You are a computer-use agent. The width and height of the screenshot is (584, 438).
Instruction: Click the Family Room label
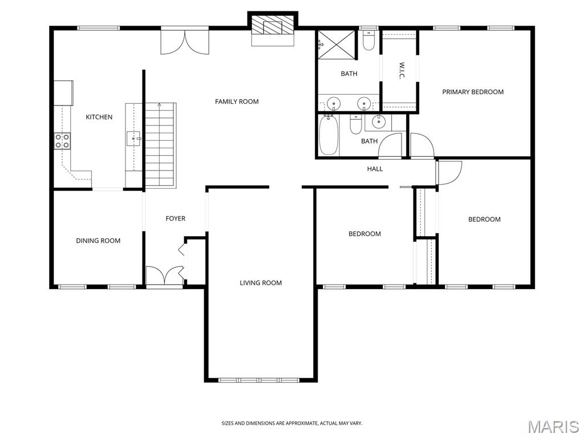237,102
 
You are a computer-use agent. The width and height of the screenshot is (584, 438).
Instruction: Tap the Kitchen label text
99,117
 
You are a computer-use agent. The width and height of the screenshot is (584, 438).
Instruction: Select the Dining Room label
98,241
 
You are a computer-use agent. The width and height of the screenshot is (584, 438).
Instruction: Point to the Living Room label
261,283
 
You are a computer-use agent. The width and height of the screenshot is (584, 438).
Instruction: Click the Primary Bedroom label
473,92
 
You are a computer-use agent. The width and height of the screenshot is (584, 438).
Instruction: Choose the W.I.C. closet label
401,71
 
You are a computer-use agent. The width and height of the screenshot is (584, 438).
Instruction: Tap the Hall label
375,169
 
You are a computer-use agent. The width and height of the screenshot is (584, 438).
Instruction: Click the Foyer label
175,218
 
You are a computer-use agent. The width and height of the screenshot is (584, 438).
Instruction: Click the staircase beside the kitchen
160,145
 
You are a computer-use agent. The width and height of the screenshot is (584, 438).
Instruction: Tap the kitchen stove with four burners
62,141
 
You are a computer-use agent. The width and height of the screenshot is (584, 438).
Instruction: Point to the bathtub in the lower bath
328,136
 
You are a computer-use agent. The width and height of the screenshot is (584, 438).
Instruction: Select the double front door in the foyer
164,276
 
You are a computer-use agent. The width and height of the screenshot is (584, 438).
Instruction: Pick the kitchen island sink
133,138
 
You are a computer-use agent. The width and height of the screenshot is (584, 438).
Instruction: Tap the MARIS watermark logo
553,427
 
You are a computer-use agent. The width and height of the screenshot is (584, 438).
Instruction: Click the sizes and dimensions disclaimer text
291,423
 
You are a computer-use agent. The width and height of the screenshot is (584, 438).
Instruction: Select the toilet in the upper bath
368,42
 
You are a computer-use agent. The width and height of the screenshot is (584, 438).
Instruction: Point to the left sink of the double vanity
334,104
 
